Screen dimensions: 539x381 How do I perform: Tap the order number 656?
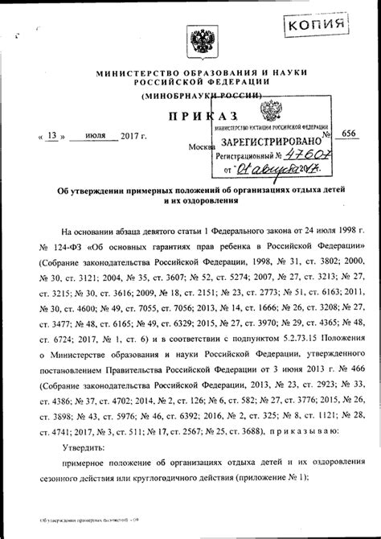[349, 136]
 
